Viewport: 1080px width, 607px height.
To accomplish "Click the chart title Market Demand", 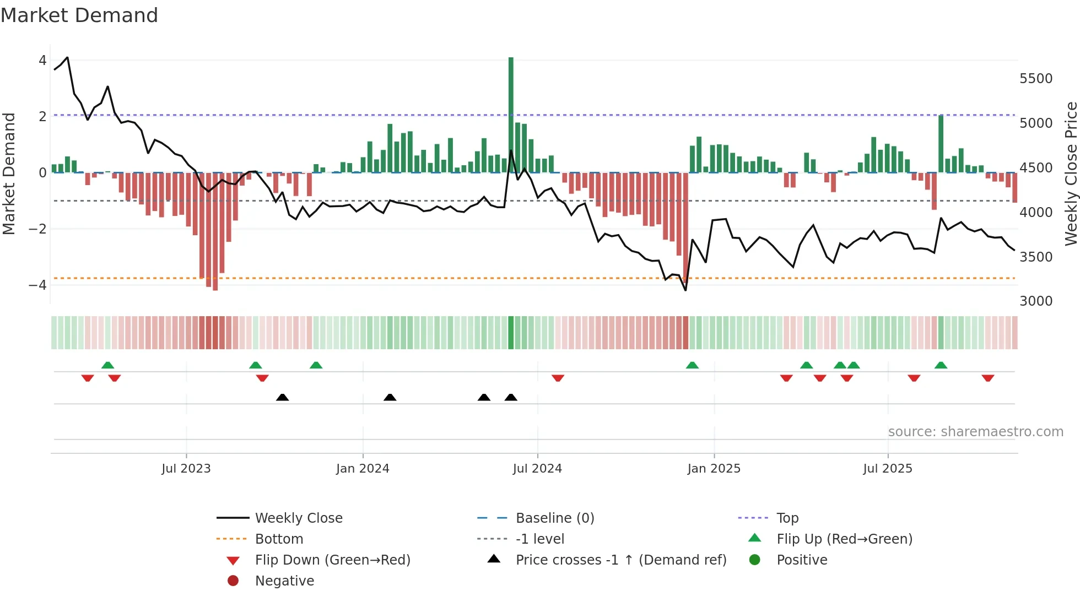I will coord(79,15).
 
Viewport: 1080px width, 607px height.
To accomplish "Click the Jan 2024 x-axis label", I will coord(363,469).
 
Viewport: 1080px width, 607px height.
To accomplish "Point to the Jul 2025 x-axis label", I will coord(888,469).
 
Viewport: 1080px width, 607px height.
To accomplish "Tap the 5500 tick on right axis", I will coord(1036,79).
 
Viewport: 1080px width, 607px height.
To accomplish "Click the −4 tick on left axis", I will coord(37,285).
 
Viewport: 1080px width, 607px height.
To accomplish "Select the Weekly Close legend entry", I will coord(299,518).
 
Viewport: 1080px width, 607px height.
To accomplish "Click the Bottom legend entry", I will coord(279,539).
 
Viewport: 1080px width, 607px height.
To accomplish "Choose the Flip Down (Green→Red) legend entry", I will coord(332,560).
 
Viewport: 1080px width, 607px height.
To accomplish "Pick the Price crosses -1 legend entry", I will coord(620,560).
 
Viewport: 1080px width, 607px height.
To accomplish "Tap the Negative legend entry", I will coord(284,581).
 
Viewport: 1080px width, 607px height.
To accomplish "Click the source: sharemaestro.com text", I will coord(975,432).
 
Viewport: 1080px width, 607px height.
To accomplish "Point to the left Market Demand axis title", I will coord(9,174).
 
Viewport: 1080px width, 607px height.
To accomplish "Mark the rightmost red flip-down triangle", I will coord(987,378).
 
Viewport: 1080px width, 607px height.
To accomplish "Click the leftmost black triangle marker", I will coord(282,397).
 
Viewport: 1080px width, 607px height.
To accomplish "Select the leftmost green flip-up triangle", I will coord(108,365).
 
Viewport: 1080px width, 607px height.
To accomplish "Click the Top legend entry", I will coord(787,518).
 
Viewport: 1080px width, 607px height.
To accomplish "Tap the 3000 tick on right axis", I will coord(1036,301).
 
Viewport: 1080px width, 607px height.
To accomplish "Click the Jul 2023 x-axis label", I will coord(186,469).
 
